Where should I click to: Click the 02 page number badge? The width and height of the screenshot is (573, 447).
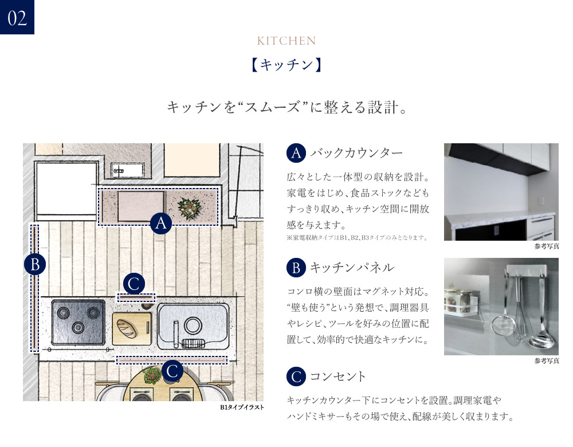coord(17,17)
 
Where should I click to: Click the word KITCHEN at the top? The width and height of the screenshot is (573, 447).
coord(286,41)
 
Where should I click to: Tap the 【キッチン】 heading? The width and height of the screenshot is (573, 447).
coord(286,65)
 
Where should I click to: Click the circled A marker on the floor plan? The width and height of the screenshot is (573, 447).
coord(161,223)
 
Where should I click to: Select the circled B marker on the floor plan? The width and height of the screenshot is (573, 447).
coord(35,264)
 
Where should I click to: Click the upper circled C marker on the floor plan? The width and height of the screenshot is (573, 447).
coord(134,284)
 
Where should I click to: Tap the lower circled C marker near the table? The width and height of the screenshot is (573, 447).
coord(172,371)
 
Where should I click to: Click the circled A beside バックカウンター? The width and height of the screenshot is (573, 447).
coord(296,153)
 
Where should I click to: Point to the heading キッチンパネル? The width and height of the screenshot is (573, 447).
coord(352,268)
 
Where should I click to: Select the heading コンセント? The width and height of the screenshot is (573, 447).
coord(337,377)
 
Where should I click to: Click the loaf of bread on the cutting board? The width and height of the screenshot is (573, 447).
coord(127,328)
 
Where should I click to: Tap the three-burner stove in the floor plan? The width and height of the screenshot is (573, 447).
coord(78,322)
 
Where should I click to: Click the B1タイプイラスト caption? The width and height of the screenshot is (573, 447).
coord(242,407)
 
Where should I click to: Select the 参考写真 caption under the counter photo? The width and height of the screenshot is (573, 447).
coord(547,246)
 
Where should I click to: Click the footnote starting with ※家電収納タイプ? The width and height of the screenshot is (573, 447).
coord(357,238)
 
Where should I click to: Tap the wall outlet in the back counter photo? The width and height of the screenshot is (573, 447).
coord(541,201)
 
